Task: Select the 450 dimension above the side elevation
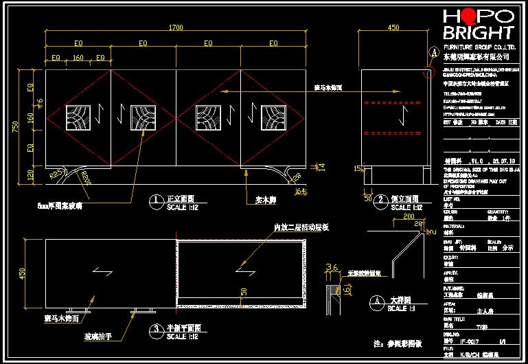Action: click(x=393, y=27)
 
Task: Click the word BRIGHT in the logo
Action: click(x=479, y=33)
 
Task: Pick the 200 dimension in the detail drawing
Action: click(x=410, y=217)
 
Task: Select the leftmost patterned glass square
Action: click(x=78, y=118)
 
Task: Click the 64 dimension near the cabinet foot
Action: click(x=300, y=192)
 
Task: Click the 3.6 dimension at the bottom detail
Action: click(x=331, y=268)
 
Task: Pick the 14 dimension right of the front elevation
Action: click(x=321, y=166)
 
